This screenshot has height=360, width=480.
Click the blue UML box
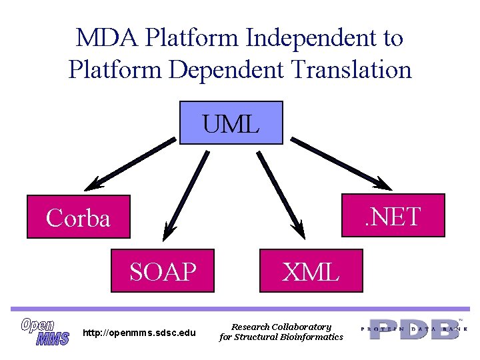pos(231,123)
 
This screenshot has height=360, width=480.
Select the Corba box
pos(79,217)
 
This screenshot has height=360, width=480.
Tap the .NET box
pos(393,215)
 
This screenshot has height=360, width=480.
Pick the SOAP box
pos(163,271)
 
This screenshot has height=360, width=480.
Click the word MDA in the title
pos(101,38)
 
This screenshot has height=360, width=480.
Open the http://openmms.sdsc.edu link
pos(139,333)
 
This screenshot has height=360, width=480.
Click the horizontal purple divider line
pos(240,308)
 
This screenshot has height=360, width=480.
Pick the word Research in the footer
pos(250,327)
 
